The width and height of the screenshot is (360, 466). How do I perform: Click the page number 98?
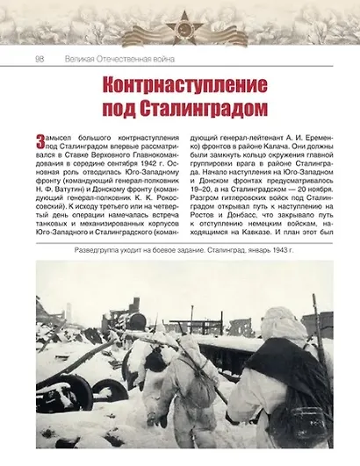point(40,59)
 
